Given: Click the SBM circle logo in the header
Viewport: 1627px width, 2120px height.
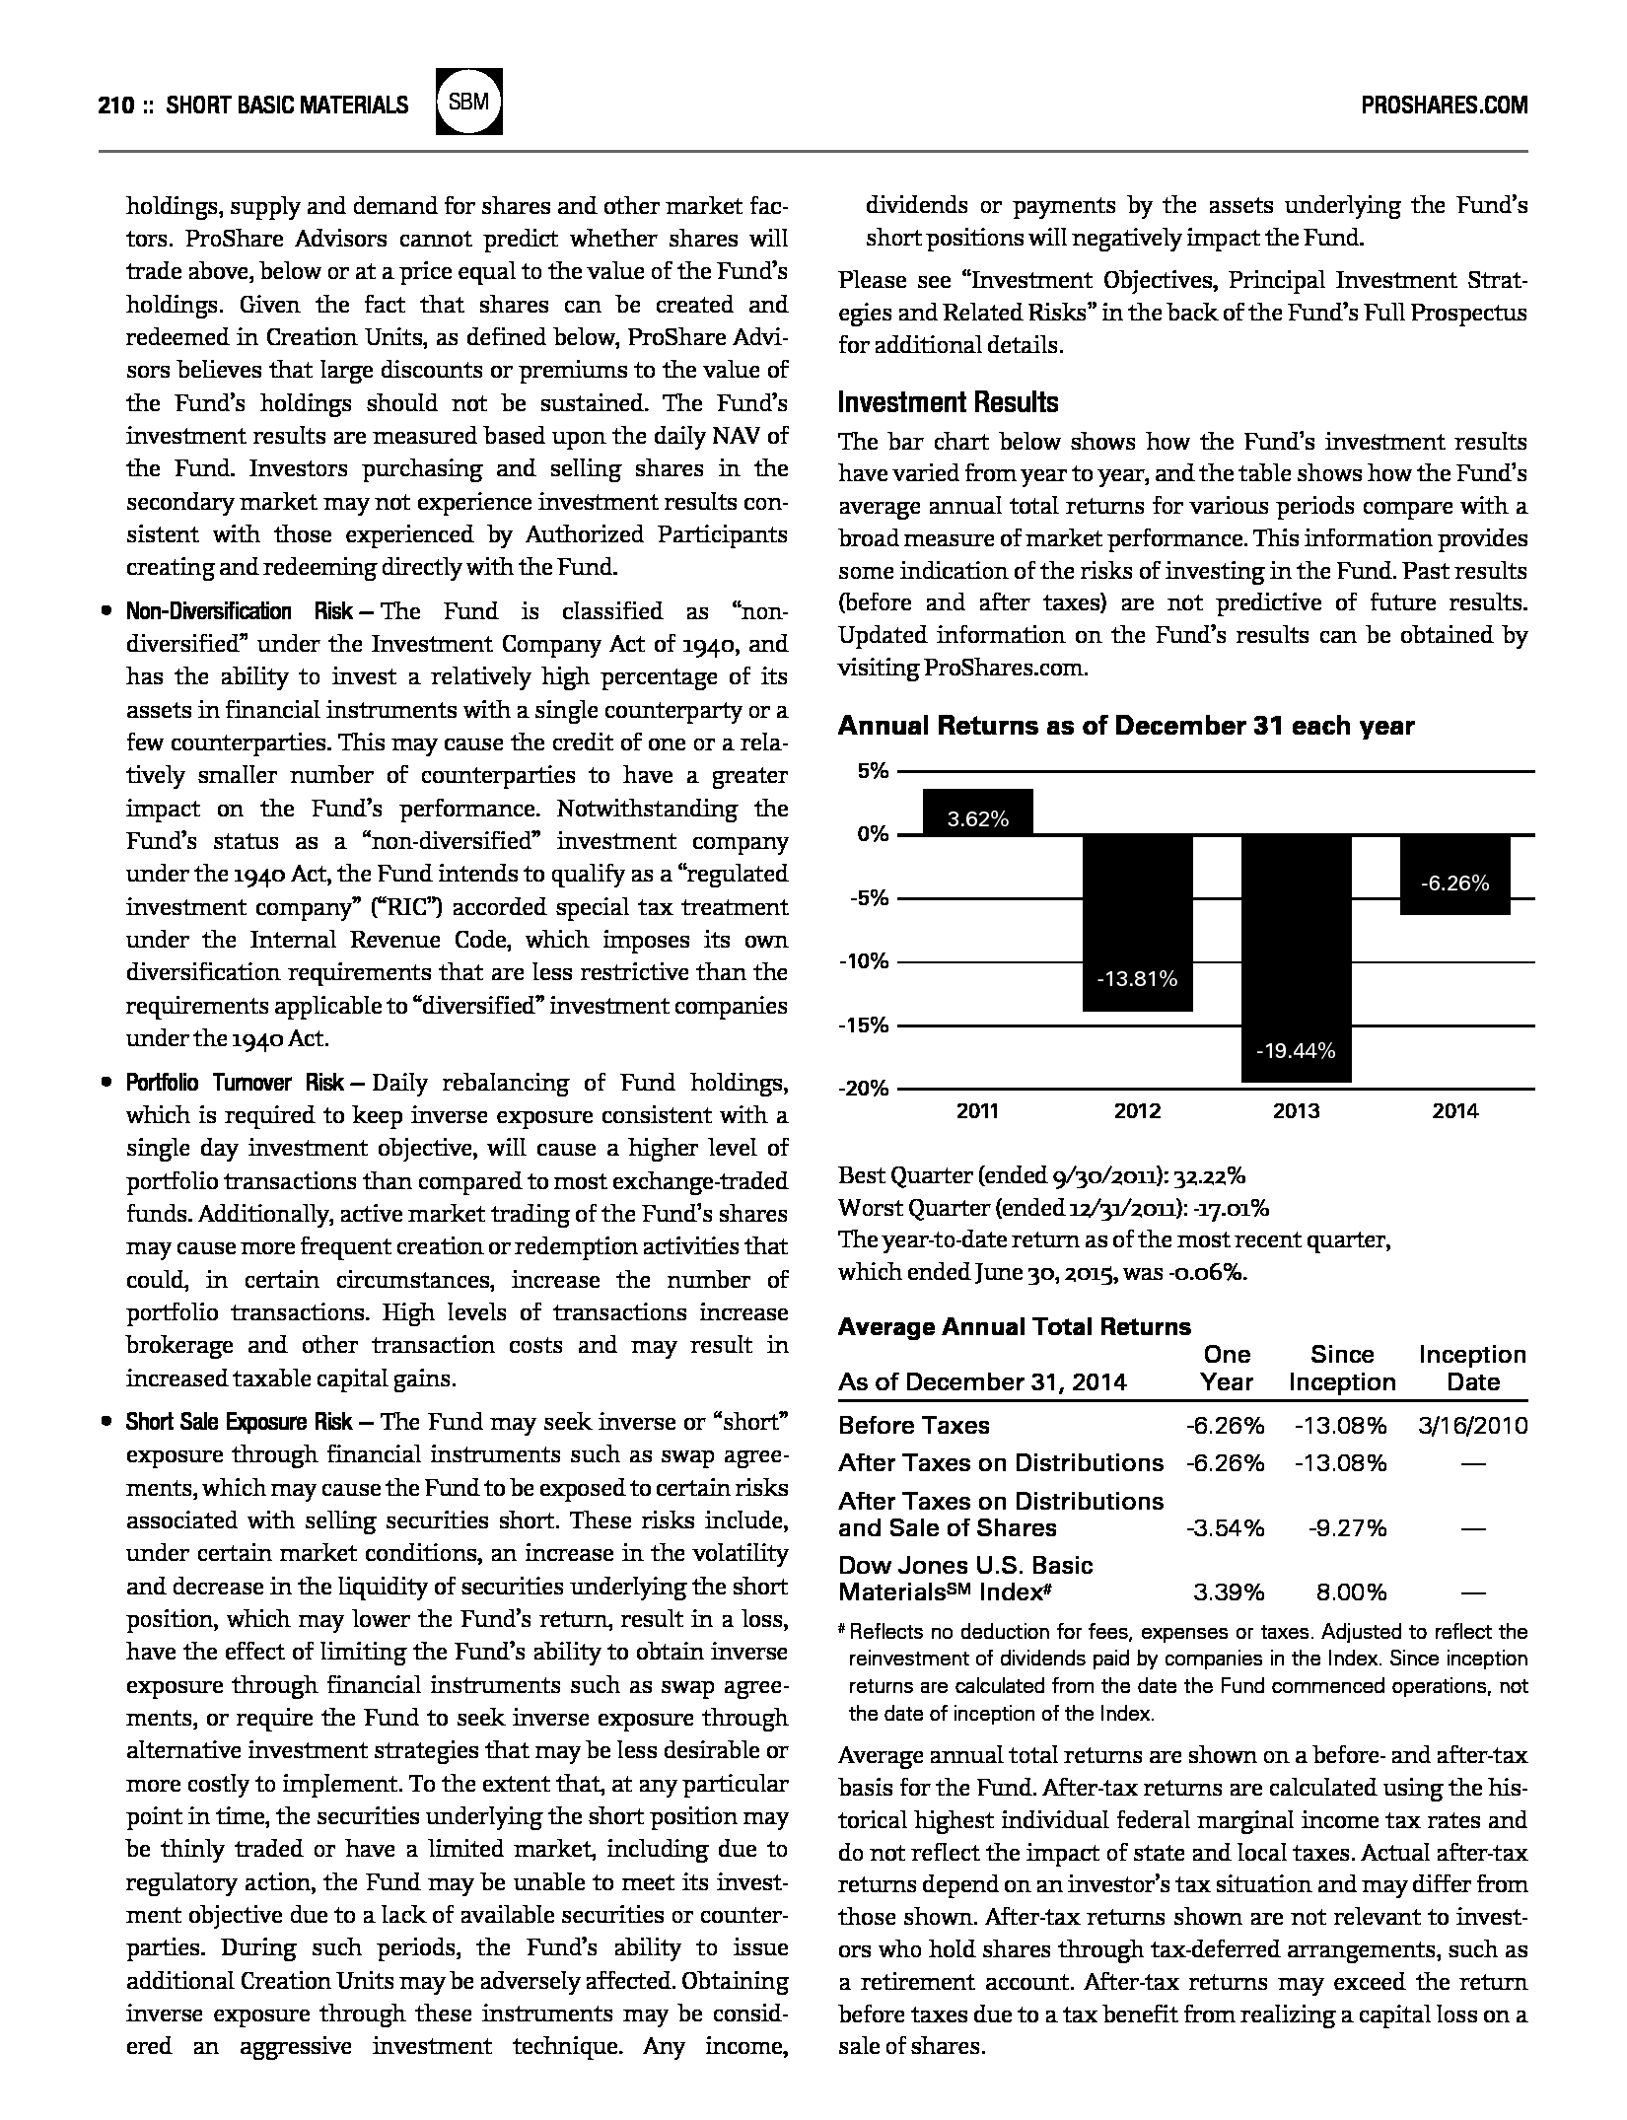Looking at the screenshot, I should (x=469, y=102).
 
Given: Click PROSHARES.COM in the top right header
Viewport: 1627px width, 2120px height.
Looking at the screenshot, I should (x=1444, y=106).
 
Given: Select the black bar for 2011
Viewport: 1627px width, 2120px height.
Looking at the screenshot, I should (x=978, y=813).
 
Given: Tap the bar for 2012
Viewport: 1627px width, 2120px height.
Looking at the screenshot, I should (x=1137, y=922).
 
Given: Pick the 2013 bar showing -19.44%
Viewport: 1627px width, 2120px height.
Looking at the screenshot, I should (x=1296, y=957).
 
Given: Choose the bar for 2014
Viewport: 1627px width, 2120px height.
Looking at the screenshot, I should (x=1454, y=875).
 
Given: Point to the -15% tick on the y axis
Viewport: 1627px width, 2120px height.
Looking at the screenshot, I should (x=864, y=1025).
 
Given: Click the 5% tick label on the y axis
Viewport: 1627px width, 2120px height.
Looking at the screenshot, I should (x=873, y=771).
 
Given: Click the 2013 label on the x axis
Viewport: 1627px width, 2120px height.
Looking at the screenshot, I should (x=1296, y=1111).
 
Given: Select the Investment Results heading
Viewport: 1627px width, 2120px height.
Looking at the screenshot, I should (x=948, y=402).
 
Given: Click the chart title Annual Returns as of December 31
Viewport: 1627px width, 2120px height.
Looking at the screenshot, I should (x=1125, y=727).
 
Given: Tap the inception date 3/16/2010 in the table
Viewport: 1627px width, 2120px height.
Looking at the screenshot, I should (x=1473, y=1425).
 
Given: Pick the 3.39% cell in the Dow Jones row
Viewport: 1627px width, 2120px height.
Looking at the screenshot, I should (x=1228, y=1591).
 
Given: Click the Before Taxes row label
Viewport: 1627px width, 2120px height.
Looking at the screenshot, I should (x=913, y=1425).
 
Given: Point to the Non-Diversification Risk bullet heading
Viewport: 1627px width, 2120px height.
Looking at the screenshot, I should (x=239, y=611).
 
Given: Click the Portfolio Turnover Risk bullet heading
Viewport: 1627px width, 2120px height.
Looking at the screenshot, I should (x=235, y=1083).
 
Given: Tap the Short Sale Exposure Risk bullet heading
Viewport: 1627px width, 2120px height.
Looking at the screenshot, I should (x=239, y=1422).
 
